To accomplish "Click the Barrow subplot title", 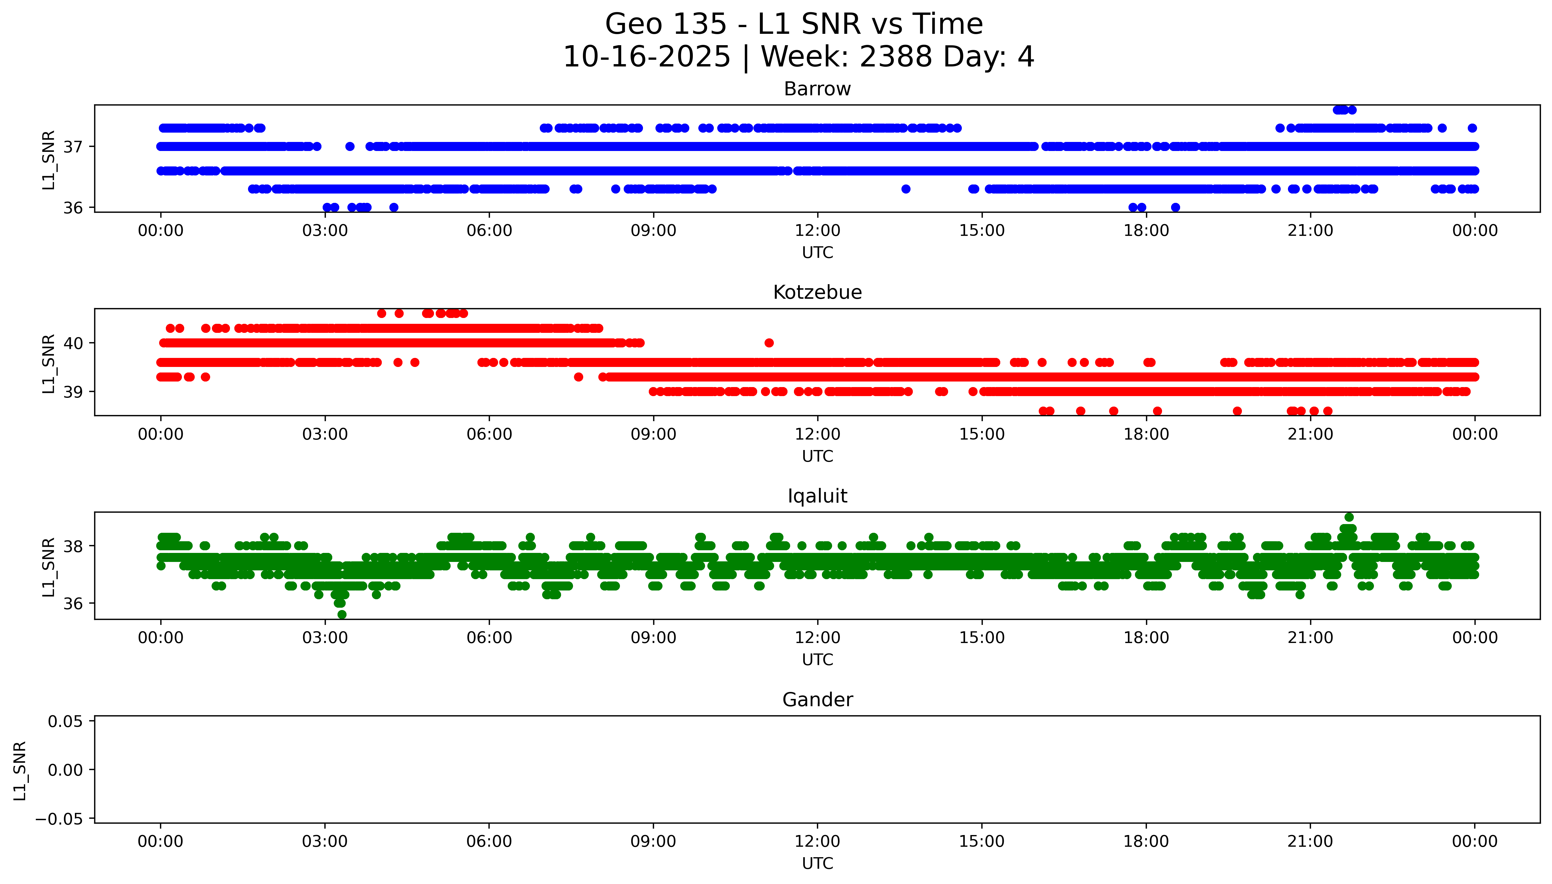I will [x=817, y=89].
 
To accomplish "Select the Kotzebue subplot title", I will [x=817, y=293].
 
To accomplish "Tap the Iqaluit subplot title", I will [x=817, y=496].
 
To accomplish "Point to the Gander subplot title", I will [x=817, y=700].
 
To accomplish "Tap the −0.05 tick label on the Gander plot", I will [x=59, y=819].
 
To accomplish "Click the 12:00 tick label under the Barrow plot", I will [x=817, y=231].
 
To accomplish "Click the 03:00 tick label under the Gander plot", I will [x=325, y=841].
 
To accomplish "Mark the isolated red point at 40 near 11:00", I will [x=769, y=343].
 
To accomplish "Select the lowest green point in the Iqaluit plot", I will [x=342, y=614].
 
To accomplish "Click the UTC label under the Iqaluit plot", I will [x=817, y=660].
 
